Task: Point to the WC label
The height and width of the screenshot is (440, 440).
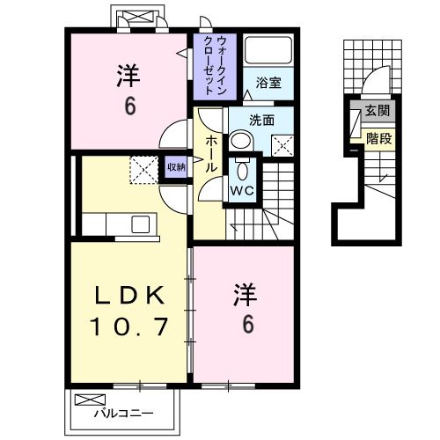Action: pos(242,187)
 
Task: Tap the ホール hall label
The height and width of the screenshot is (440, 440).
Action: pos(212,155)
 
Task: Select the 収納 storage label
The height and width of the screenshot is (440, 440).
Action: pos(176,166)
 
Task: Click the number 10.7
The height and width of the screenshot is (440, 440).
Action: pos(128,329)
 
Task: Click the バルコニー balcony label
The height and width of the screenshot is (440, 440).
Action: pos(124,412)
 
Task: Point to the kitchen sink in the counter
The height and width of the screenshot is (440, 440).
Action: pos(141,224)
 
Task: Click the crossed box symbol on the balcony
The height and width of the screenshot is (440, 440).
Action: pos(86,400)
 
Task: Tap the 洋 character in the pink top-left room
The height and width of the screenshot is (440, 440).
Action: pos(128,77)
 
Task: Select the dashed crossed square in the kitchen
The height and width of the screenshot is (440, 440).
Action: pos(142,167)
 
